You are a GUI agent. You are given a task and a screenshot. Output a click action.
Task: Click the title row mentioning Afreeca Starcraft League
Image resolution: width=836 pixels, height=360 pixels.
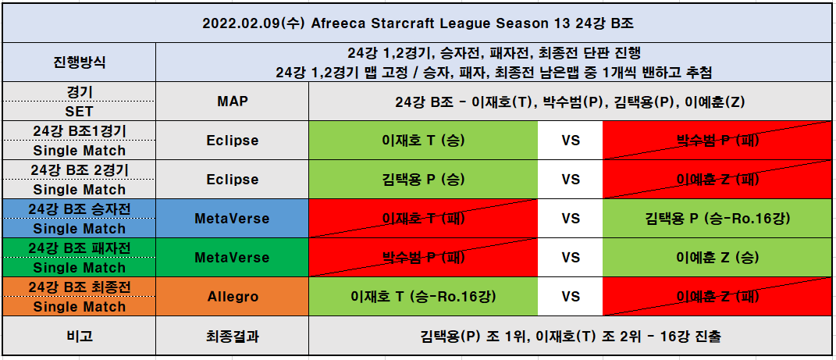point(418,23)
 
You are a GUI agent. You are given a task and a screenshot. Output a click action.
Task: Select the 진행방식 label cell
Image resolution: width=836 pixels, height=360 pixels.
point(80,62)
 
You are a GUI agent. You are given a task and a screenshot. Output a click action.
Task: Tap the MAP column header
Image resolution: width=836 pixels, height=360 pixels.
point(233,101)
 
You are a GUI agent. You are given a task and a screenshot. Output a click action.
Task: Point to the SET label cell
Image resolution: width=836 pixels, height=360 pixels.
point(80,111)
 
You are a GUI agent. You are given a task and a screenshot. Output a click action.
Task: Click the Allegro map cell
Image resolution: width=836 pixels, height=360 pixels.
point(233,297)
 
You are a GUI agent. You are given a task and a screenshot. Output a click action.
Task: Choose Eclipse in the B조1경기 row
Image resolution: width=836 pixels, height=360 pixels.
point(233,141)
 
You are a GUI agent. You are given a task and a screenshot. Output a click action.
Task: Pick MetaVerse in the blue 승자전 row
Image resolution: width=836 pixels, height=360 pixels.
point(233,218)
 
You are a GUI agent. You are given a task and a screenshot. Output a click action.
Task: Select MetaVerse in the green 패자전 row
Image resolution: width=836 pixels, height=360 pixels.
point(233,257)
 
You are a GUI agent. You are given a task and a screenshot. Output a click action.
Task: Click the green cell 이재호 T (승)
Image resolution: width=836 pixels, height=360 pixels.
point(423,141)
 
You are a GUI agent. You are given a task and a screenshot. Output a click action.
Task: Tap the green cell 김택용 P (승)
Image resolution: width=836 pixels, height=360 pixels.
point(423,179)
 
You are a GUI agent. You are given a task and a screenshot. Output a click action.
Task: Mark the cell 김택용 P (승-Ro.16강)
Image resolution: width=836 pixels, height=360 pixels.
point(717,218)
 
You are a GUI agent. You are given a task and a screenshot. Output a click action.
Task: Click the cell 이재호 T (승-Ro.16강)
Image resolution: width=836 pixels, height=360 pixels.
point(423,297)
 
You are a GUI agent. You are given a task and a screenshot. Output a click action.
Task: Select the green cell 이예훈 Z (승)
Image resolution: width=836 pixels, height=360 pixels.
point(717,257)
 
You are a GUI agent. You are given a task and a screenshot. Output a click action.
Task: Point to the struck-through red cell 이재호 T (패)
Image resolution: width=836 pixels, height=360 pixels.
point(423,218)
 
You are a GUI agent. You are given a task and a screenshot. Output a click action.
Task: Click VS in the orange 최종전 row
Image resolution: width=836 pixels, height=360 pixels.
point(570,297)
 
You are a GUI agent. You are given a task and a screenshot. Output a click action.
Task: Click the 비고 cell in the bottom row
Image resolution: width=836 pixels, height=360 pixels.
point(80,336)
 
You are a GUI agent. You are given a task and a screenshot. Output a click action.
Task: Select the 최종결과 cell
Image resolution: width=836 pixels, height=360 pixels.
point(233,336)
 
